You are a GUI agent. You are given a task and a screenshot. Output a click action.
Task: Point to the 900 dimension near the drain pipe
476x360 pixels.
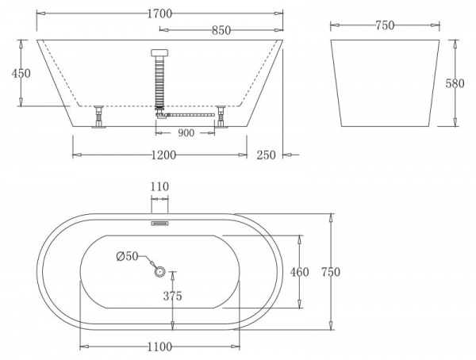click(186, 133)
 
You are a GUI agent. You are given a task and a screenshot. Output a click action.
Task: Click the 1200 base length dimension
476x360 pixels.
click(162, 155)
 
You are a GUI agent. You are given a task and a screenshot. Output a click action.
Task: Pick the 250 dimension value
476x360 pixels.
click(266, 155)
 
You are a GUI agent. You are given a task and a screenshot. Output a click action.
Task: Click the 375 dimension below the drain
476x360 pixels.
click(172, 297)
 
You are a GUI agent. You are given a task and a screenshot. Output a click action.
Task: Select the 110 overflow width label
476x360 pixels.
click(159, 186)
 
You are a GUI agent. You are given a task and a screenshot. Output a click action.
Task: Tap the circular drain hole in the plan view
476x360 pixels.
click(159, 272)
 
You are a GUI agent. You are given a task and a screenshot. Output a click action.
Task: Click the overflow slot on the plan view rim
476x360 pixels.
click(159, 223)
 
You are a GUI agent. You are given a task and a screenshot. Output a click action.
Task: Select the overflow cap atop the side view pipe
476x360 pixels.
click(159, 54)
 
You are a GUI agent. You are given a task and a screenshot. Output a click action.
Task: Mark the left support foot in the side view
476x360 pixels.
click(99, 117)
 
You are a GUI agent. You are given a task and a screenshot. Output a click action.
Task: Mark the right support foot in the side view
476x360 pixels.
click(221, 117)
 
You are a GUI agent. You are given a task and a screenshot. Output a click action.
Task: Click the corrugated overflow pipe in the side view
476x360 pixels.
click(159, 83)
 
